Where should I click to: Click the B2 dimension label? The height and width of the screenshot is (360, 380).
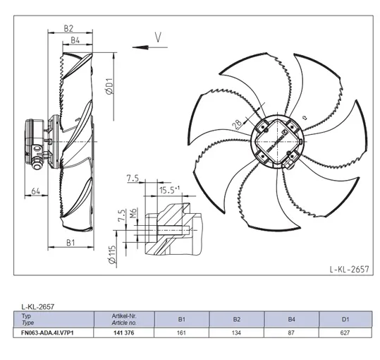(x=68, y=29)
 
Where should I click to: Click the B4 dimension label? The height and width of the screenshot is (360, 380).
(x=75, y=40)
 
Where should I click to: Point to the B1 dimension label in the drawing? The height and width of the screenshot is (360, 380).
(x=71, y=242)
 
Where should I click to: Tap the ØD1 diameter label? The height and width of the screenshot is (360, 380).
(x=110, y=86)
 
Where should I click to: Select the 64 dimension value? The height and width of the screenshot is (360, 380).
(x=36, y=191)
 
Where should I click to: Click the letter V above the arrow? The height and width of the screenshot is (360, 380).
(x=158, y=37)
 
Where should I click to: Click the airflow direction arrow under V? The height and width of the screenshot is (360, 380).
(x=150, y=47)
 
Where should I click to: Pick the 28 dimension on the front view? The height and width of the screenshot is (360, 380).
(x=237, y=124)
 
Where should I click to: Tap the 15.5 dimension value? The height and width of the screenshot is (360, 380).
(x=167, y=190)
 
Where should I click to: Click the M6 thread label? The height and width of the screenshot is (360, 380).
(x=134, y=213)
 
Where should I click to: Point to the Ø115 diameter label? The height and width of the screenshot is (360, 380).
(x=113, y=255)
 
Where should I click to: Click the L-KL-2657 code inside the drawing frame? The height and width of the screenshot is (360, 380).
(x=349, y=269)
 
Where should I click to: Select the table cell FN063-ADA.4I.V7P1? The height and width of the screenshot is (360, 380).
(x=47, y=333)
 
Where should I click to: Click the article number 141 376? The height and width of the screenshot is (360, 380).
(x=123, y=333)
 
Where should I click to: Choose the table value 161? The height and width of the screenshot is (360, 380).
(x=181, y=333)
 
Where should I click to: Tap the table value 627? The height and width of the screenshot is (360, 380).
(x=345, y=333)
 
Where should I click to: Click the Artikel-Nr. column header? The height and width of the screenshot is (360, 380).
(x=124, y=316)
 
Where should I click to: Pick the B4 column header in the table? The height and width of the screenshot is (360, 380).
(x=291, y=320)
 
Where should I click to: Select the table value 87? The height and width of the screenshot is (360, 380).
(x=291, y=333)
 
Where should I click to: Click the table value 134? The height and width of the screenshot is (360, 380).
(x=236, y=333)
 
